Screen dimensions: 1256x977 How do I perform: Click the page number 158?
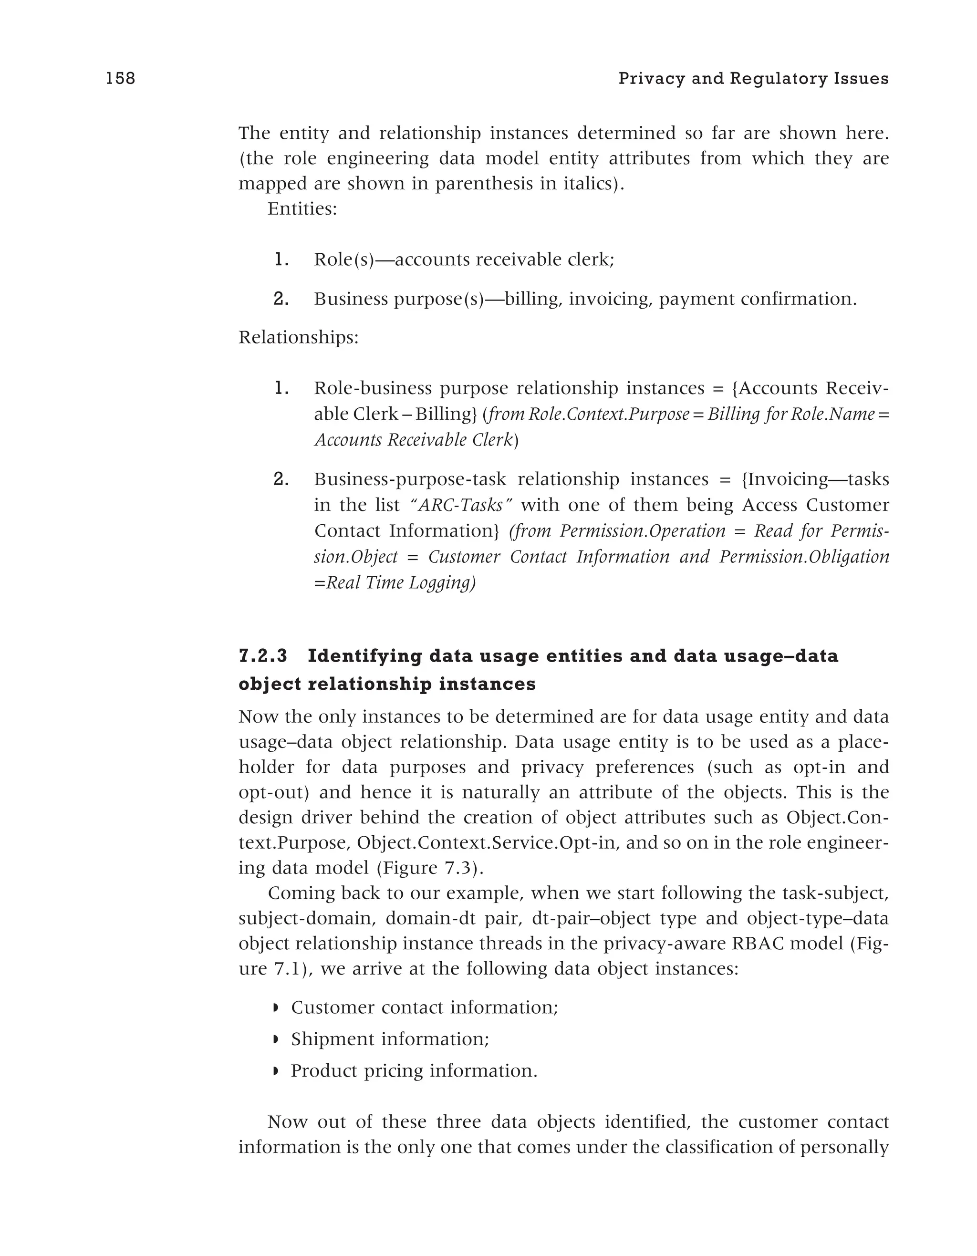[x=121, y=79]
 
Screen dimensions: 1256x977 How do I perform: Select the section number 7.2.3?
[x=263, y=656]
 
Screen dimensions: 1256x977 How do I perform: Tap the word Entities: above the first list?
[x=302, y=209]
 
